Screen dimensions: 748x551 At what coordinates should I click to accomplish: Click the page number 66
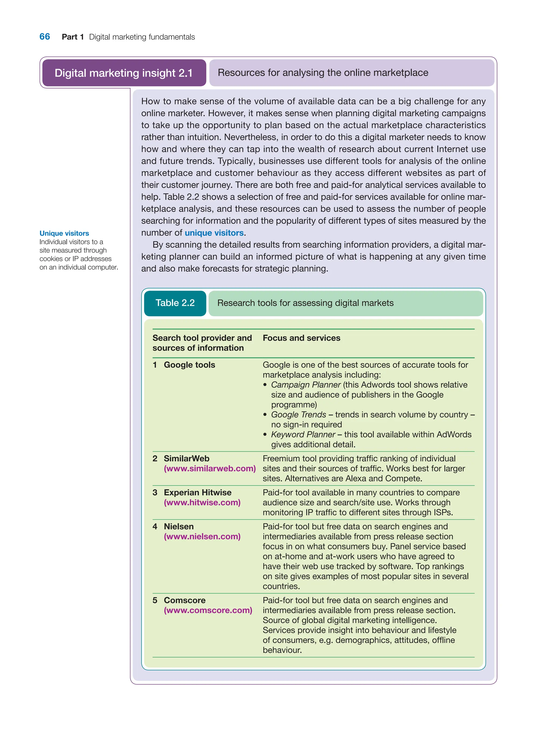click(45, 37)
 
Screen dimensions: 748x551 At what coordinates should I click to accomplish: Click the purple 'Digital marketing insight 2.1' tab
click(124, 73)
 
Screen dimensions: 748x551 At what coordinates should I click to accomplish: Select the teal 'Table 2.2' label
click(175, 303)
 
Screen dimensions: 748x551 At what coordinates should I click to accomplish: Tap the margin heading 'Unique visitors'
click(64, 233)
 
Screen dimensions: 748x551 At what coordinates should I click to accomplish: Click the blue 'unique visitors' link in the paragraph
click(214, 233)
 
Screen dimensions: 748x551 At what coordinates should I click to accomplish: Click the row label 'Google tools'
click(189, 365)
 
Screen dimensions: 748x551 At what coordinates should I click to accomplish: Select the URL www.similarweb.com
click(210, 468)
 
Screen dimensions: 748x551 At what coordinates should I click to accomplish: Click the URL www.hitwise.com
click(202, 502)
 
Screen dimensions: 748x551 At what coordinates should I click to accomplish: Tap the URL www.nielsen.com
click(202, 536)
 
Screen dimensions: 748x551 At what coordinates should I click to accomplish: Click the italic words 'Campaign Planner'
click(306, 385)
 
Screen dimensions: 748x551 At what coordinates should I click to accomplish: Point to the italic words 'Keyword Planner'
click(303, 434)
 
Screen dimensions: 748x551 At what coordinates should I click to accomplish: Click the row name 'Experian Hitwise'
click(197, 492)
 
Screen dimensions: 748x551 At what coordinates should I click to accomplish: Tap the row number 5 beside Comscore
click(155, 600)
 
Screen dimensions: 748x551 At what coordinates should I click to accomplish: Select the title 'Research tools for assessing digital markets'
click(305, 303)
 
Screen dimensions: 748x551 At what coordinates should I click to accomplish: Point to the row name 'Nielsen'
click(178, 527)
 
